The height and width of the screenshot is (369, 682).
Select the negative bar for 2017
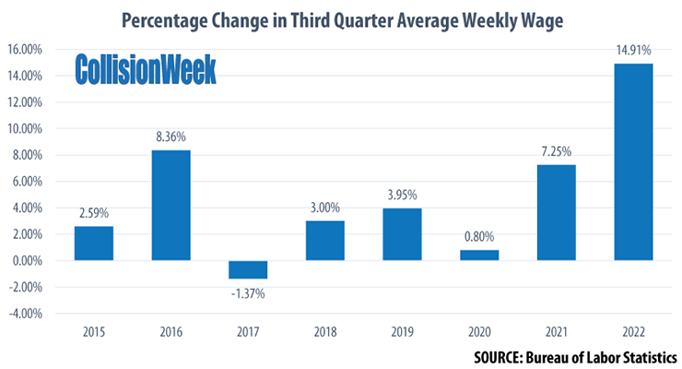(x=248, y=269)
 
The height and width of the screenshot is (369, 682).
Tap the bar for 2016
(x=171, y=205)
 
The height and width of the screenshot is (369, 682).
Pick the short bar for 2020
(x=479, y=255)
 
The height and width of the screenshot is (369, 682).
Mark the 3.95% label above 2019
(x=403, y=196)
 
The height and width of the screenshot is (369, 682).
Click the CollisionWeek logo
(x=145, y=69)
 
